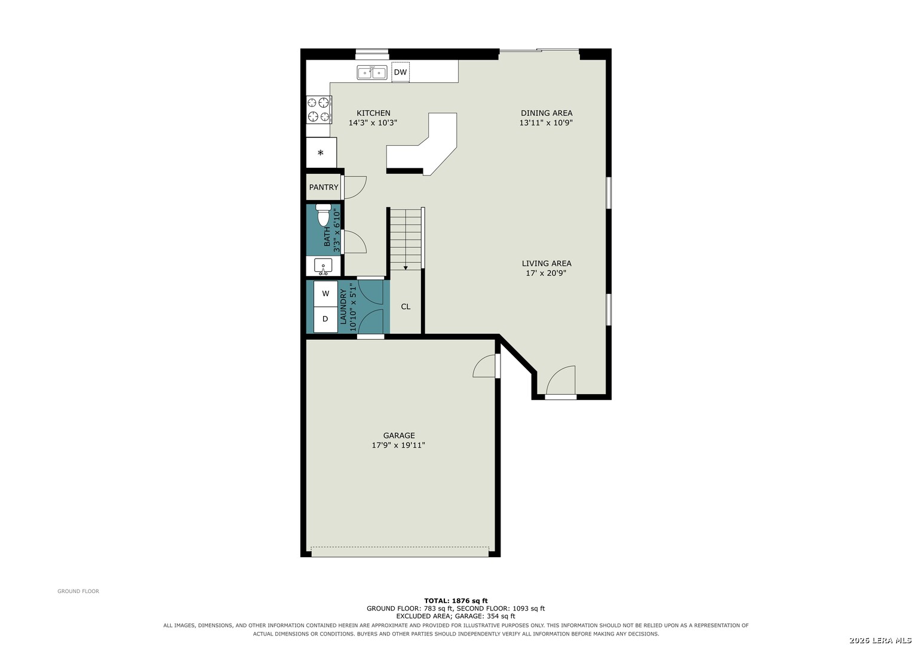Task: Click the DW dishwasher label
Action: coord(400,72)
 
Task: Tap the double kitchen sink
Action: coord(372,72)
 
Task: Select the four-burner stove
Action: coord(319,109)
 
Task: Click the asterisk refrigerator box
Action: coord(321,153)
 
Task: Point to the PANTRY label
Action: coord(324,188)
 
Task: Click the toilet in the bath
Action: coord(323,215)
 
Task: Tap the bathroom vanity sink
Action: coord(323,266)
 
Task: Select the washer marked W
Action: coord(326,294)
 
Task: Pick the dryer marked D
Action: coord(326,320)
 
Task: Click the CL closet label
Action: coord(406,306)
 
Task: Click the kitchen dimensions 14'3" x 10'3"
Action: coord(373,122)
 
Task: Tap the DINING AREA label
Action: coord(546,113)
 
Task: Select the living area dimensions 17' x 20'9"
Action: coord(546,274)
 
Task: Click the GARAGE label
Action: coord(399,435)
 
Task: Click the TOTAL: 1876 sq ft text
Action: coord(456,601)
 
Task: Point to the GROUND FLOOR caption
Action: coord(78,591)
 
